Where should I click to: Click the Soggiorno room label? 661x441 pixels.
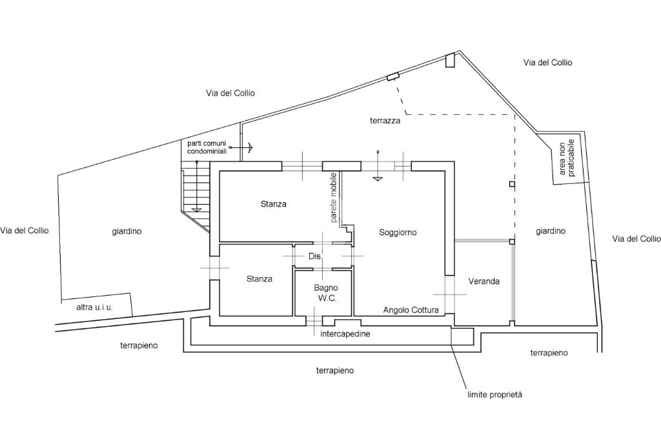coord(398,232)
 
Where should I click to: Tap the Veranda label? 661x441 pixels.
coord(483,282)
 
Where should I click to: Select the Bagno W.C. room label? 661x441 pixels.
coord(326,293)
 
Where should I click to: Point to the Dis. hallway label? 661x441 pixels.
coord(315,256)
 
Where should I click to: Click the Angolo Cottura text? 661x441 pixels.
coord(411,311)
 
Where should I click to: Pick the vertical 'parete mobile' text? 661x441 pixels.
coord(334,198)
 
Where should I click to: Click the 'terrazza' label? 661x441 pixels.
coord(385,121)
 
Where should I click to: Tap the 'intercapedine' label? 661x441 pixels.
coord(345,334)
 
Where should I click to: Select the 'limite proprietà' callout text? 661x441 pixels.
coord(495,395)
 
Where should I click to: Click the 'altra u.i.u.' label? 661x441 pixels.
coord(94,307)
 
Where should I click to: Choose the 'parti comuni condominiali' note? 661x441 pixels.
coord(207,147)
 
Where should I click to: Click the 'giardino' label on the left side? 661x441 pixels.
coord(127,231)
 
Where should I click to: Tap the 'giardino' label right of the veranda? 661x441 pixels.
coord(551,231)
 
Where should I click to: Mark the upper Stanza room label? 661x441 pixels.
coord(273,204)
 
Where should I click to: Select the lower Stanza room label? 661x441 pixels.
coord(259,279)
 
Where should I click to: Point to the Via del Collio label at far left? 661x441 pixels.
coord(25,231)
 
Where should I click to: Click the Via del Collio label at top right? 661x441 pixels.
coord(547,63)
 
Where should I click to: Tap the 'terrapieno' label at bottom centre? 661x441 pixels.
coord(335,371)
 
